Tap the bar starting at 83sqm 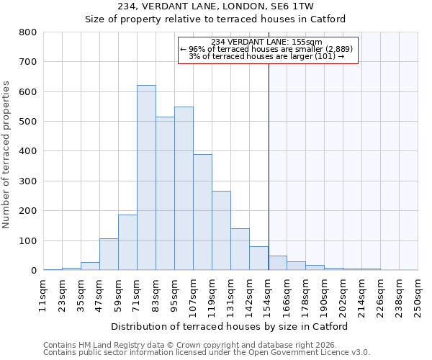(165, 194)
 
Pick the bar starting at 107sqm (202, 212)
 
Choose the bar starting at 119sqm (221, 230)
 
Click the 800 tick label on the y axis (27, 32)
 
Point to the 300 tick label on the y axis (27, 181)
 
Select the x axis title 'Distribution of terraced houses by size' (230, 326)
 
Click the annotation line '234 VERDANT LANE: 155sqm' (267, 42)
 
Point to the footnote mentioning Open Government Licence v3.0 (207, 353)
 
